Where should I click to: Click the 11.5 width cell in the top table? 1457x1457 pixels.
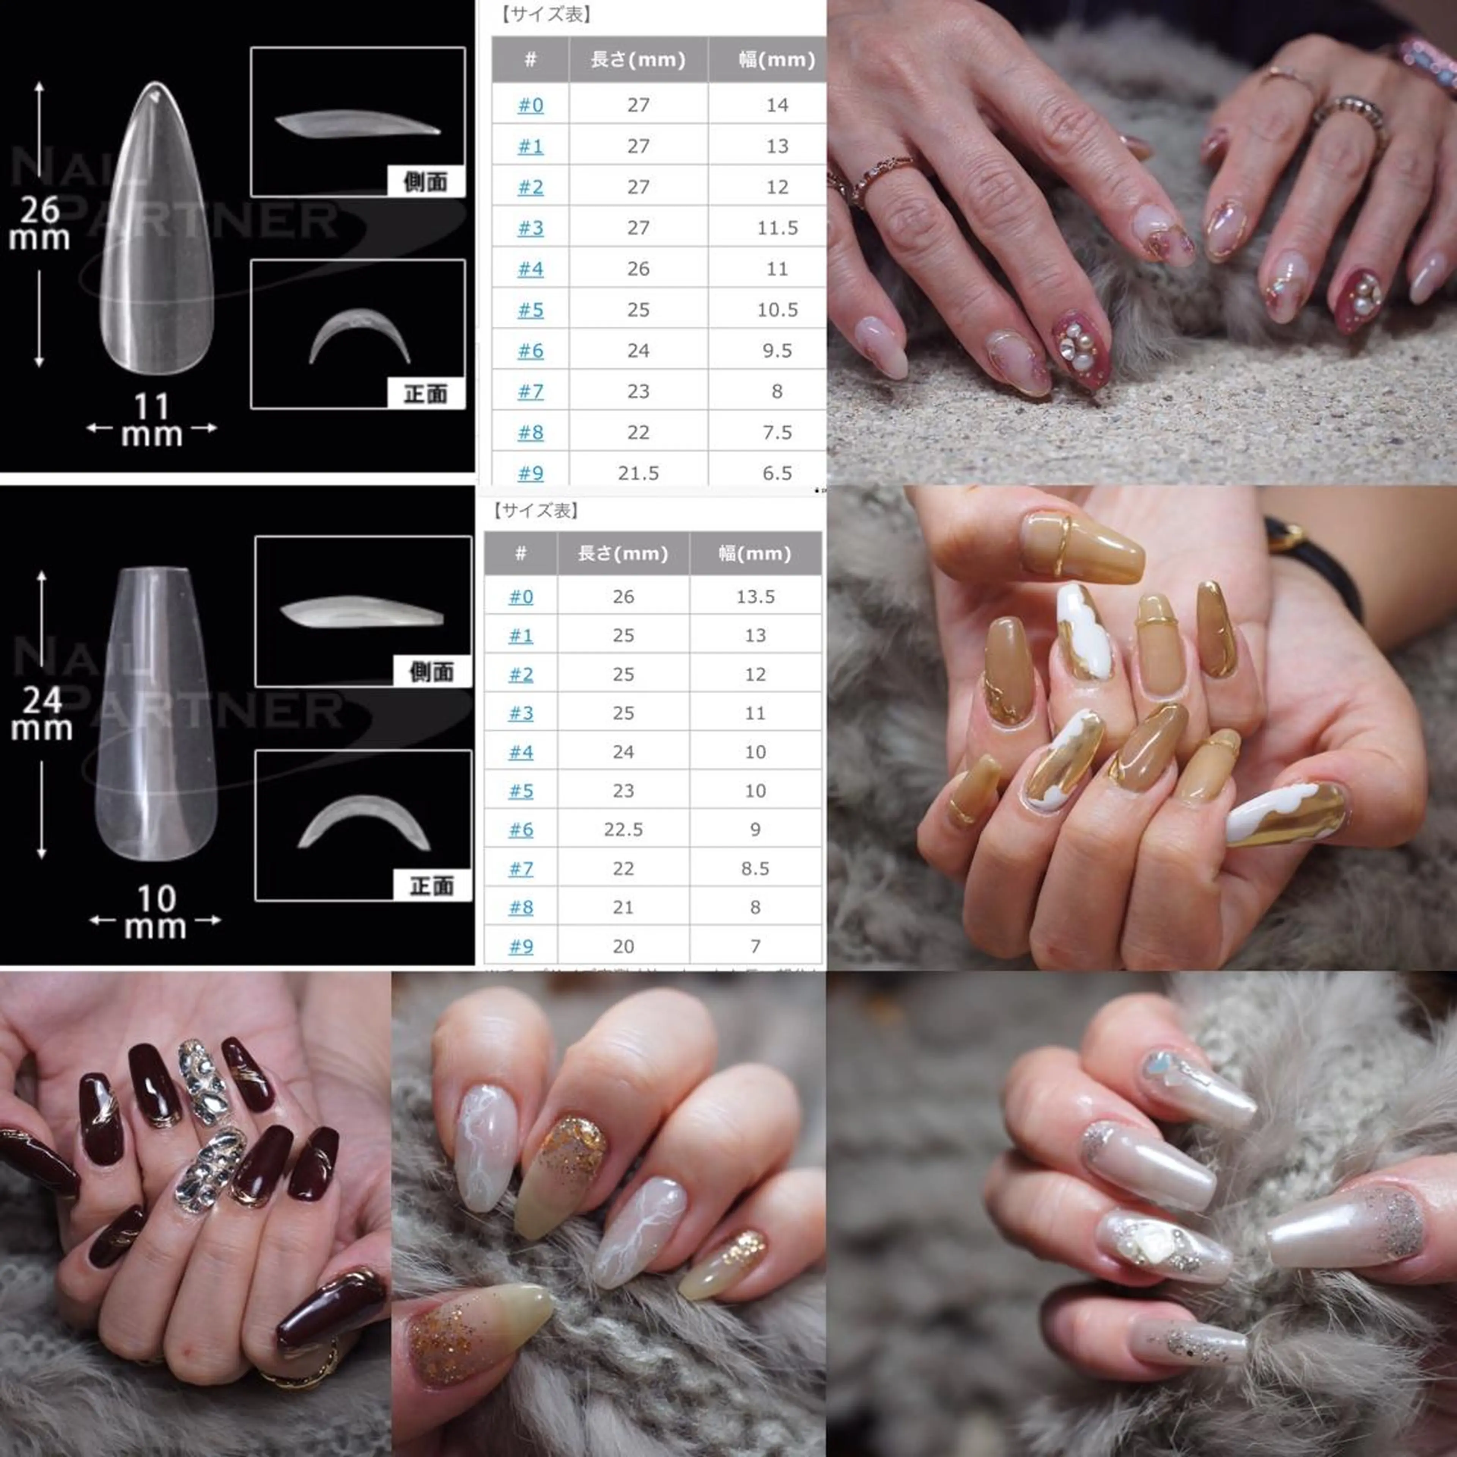click(777, 228)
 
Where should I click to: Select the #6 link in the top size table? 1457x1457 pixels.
click(530, 351)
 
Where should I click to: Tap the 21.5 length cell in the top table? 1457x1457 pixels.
click(638, 473)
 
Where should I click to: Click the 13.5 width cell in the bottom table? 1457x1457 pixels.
click(755, 596)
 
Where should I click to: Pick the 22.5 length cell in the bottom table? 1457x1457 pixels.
click(623, 829)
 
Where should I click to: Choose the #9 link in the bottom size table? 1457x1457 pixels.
click(520, 946)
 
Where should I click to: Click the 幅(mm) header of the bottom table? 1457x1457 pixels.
click(755, 554)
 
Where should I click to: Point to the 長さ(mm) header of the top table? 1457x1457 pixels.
click(638, 60)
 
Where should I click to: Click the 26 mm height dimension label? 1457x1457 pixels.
click(39, 222)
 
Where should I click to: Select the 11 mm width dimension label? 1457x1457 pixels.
click(152, 421)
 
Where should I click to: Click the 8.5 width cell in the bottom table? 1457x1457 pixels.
click(755, 868)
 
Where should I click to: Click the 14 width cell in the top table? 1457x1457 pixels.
click(777, 105)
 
